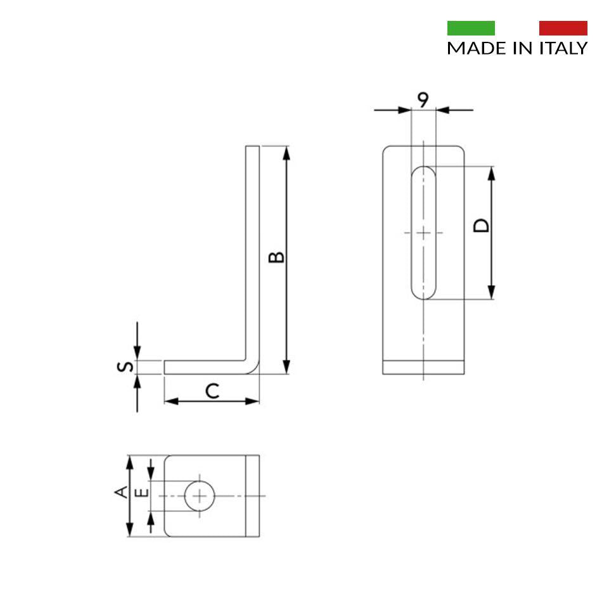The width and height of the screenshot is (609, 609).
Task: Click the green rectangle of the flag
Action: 471,28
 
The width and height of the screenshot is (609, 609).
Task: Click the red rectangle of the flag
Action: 563,28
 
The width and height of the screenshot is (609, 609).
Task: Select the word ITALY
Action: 563,48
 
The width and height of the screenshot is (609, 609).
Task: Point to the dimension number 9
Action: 423,99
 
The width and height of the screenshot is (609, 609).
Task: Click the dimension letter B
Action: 276,257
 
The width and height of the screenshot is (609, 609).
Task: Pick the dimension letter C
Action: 212,391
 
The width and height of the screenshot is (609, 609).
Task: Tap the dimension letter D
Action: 481,226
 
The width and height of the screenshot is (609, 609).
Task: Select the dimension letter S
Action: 125,366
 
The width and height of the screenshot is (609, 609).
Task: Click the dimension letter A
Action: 121,492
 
